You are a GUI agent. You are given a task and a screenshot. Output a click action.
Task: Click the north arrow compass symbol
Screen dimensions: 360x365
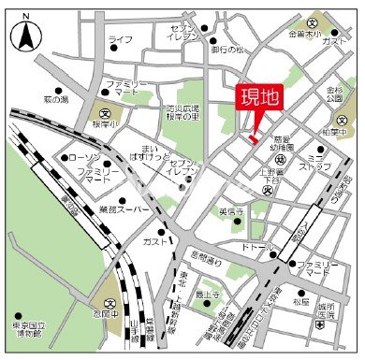tap(26, 36)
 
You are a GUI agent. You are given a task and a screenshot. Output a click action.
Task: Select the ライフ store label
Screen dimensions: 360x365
tap(120, 38)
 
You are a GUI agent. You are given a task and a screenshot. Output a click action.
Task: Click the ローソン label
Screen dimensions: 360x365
tap(85, 159)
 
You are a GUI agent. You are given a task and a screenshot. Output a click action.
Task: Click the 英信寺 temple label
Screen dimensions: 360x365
tap(231, 211)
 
